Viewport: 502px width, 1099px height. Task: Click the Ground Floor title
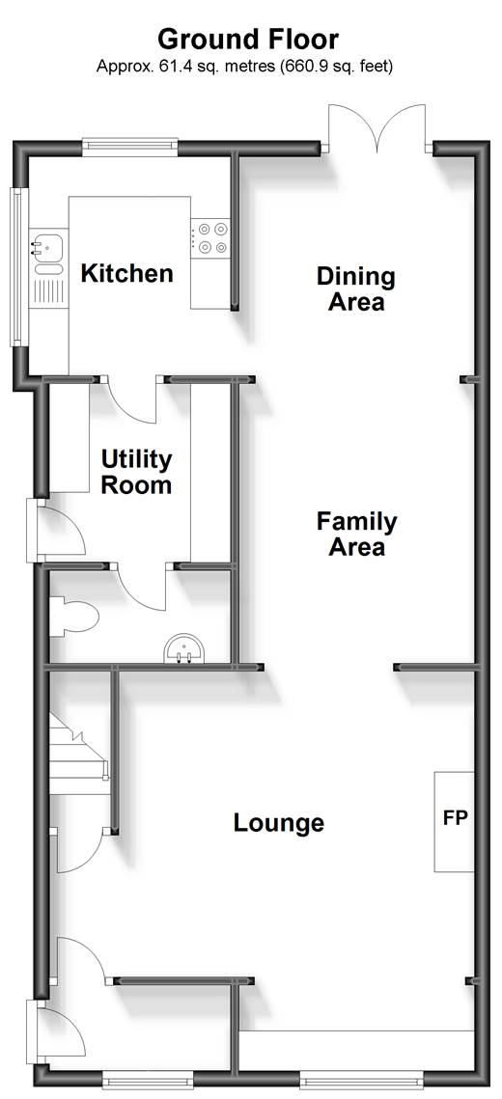tap(247, 40)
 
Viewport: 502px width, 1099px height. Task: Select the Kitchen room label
tap(126, 273)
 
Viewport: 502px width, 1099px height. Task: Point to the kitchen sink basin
tap(46, 247)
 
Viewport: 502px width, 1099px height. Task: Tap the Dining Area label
tap(356, 288)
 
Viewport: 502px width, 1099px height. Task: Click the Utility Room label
tap(136, 473)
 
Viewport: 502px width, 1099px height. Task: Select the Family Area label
tap(356, 534)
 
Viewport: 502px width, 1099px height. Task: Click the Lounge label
tap(278, 822)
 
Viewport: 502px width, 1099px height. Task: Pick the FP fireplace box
tap(455, 821)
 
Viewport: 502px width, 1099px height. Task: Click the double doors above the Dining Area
tap(377, 127)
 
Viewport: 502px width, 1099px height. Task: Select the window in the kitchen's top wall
tap(129, 146)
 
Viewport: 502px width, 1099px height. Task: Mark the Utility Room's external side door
tap(56, 530)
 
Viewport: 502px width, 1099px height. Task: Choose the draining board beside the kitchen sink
tap(46, 288)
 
